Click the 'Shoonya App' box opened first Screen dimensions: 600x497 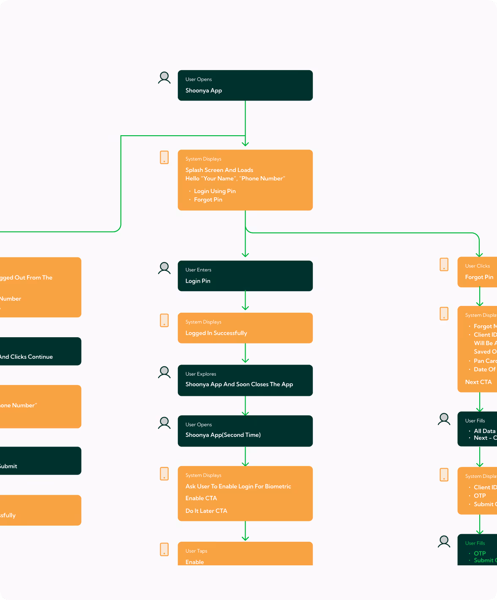(245, 85)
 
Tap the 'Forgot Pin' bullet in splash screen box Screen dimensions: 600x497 (208, 199)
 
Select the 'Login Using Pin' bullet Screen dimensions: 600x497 (215, 191)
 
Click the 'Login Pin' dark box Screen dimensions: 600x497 (245, 276)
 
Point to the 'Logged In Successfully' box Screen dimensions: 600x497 (245, 328)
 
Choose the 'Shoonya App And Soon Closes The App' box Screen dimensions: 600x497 (245, 380)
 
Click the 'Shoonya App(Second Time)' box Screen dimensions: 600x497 (245, 431)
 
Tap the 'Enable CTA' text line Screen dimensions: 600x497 (201, 498)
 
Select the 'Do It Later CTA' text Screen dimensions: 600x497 (206, 511)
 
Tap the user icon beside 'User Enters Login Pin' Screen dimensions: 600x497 (164, 268)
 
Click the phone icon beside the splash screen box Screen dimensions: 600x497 (164, 157)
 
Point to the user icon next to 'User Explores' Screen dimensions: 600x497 (164, 372)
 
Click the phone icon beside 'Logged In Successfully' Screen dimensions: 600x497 (164, 320)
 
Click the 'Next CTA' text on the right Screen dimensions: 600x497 (478, 382)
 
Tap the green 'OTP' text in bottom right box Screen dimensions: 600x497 (480, 553)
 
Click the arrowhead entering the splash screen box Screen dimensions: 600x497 (245, 144)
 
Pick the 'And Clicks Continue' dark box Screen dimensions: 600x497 (38, 352)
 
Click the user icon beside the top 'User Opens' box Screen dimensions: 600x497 (164, 78)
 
